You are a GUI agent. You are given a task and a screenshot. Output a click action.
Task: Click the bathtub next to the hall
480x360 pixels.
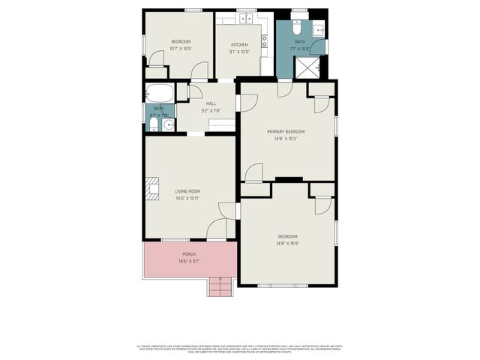[159, 94]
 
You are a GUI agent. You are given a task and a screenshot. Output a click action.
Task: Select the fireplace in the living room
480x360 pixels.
[153, 187]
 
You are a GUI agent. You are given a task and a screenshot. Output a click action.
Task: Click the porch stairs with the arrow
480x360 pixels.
[220, 286]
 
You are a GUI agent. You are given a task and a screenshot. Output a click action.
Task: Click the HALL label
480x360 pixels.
[201, 103]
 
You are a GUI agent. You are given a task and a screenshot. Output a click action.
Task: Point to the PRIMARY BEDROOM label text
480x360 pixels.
[286, 131]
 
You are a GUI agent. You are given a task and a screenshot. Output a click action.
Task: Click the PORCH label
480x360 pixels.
[188, 254]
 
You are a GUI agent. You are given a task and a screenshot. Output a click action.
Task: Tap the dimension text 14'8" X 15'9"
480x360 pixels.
[286, 243]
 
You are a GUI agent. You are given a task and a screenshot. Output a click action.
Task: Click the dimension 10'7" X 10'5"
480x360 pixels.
[181, 48]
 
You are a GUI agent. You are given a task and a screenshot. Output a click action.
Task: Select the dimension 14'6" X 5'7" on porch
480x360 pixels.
[188, 262]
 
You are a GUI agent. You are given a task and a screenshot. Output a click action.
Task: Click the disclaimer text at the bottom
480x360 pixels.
[240, 347]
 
